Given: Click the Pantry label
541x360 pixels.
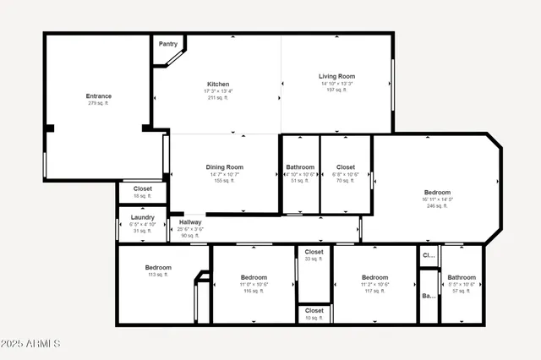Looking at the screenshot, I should coord(167,43).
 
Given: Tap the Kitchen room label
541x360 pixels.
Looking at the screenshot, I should coord(218,85).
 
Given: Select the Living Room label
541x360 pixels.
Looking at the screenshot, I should coord(336,76).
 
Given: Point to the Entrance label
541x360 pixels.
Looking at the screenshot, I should coord(99,96).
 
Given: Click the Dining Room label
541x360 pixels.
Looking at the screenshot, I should coord(225,167).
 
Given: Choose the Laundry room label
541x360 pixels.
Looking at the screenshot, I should coord(143,217).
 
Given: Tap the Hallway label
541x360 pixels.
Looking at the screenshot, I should coord(190,222).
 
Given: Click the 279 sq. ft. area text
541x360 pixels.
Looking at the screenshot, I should coord(99,104).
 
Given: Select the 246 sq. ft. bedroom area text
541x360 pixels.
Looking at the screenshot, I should coord(437,205).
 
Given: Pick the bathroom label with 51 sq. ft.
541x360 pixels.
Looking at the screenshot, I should coord(300,167).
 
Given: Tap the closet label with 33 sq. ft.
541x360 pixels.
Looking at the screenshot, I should coord(314,252).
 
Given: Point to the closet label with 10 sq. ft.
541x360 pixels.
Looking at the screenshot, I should coord(314,311).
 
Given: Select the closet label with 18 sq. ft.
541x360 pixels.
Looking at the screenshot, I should coord(143,188).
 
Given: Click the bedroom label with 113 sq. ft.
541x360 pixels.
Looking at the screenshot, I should coord(158,268).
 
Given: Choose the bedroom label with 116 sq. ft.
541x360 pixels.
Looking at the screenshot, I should coord(254,278).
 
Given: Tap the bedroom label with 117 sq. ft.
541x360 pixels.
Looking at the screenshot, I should coord(374,278).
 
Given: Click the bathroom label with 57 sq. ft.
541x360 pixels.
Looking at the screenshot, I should coord(462,278).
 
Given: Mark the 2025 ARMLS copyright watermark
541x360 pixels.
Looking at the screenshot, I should coord(31,344).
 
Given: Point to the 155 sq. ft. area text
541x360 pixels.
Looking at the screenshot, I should coord(225,181).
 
